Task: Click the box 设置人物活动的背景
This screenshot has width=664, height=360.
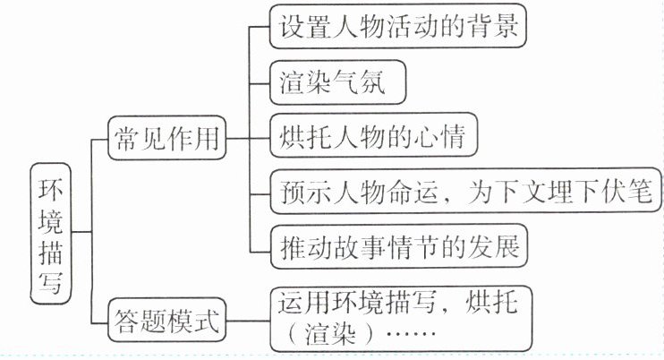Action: click(x=396, y=28)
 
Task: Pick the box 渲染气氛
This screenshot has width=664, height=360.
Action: click(x=338, y=83)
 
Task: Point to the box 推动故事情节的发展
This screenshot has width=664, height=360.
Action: click(x=398, y=245)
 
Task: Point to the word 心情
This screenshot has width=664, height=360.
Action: click(x=447, y=138)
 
